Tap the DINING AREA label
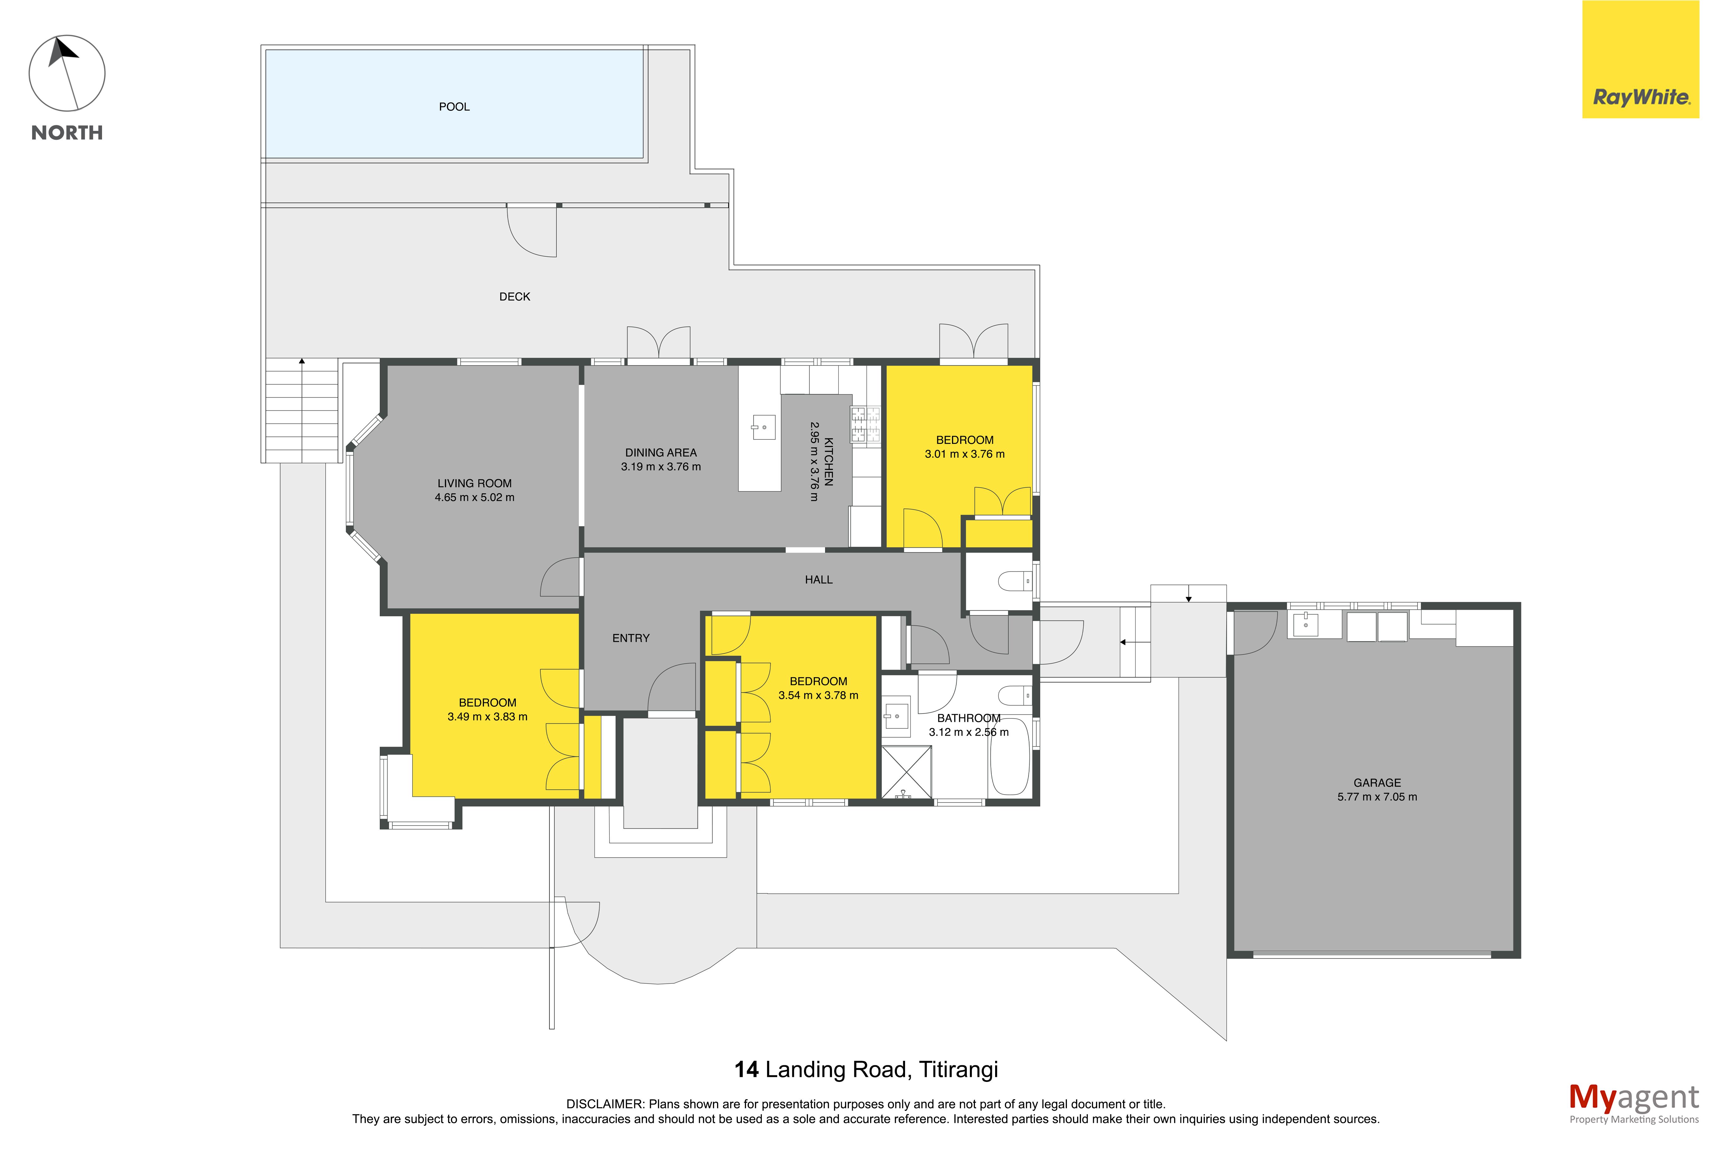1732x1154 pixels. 660,453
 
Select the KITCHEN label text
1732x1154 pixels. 828,461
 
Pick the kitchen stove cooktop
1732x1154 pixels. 866,425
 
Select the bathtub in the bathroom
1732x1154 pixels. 1009,756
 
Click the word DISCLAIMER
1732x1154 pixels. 604,1104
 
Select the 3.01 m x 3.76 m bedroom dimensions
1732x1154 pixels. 964,454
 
